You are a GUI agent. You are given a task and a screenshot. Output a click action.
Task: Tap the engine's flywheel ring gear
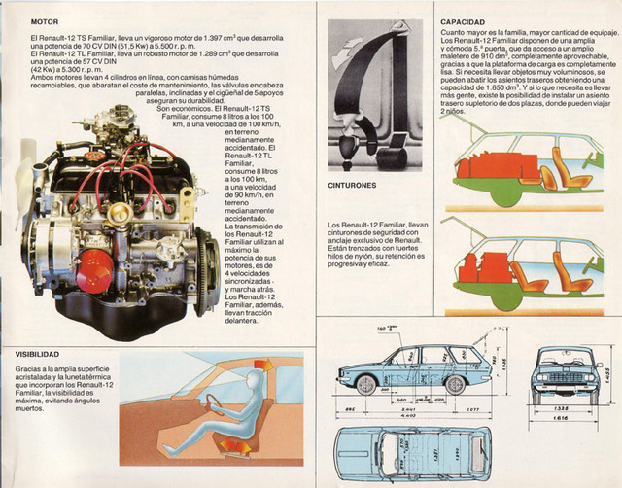pos(203,273)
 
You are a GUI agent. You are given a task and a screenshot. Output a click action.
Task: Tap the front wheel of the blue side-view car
pos(365,385)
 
